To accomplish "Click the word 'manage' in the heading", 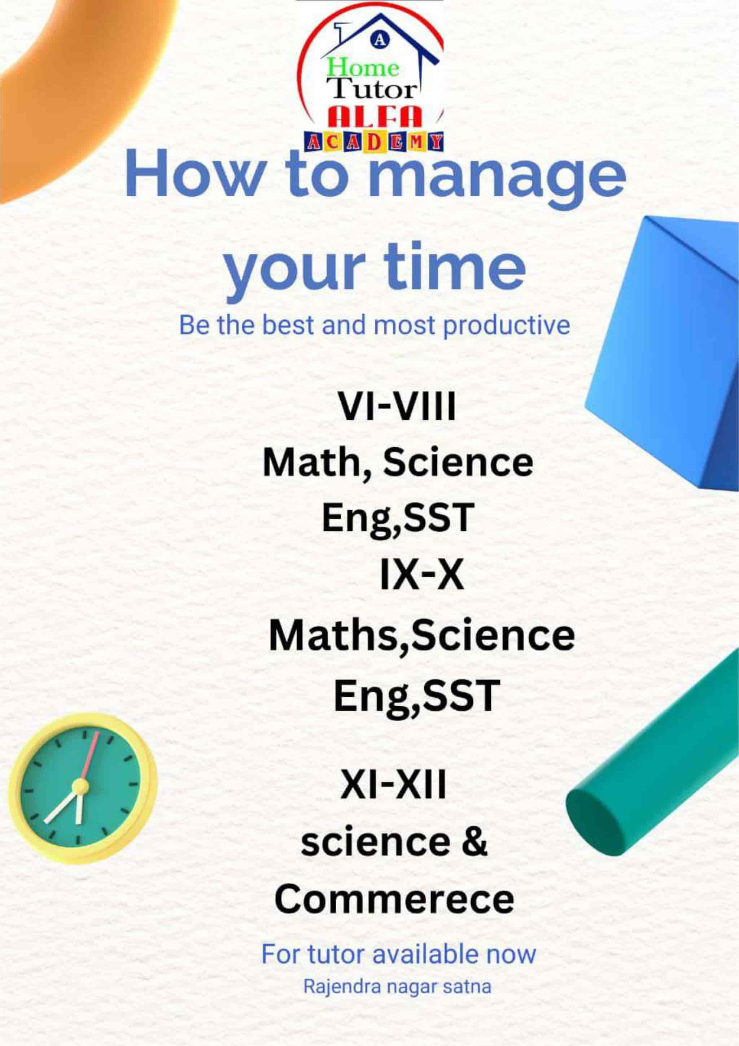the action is coord(497,179).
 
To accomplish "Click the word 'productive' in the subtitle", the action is coord(506,326).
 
